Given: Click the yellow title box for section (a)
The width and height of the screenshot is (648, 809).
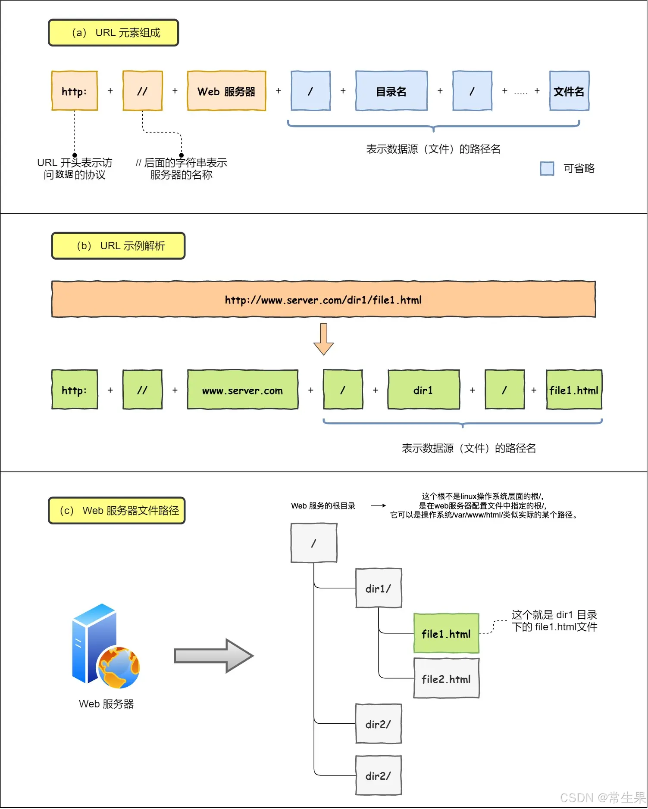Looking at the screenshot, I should pyautogui.click(x=113, y=33).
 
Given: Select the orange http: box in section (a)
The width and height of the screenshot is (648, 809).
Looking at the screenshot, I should pyautogui.click(x=75, y=91).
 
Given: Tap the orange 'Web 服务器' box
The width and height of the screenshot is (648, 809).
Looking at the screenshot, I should pyautogui.click(x=226, y=91).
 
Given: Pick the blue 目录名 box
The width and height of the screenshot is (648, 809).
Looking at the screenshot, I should pyautogui.click(x=391, y=91).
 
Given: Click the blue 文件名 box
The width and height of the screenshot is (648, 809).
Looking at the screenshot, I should pyautogui.click(x=569, y=91).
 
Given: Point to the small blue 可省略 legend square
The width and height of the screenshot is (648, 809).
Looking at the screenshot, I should pyautogui.click(x=547, y=168).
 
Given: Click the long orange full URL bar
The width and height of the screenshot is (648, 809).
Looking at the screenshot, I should pyautogui.click(x=323, y=300).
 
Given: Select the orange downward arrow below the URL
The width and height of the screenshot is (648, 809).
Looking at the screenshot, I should pyautogui.click(x=323, y=339).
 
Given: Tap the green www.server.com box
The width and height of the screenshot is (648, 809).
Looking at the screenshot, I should pyautogui.click(x=242, y=390).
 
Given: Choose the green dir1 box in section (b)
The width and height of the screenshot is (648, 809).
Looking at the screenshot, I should pyautogui.click(x=423, y=390).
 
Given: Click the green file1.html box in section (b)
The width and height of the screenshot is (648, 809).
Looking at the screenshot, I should pyautogui.click(x=574, y=390).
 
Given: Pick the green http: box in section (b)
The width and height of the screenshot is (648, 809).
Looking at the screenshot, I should pyautogui.click(x=75, y=390).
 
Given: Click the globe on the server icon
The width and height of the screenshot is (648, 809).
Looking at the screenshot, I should pyautogui.click(x=119, y=667).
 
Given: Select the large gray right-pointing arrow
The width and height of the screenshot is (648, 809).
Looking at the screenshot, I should pyautogui.click(x=213, y=656).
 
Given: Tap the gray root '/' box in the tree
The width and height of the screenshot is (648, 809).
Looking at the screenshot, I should pyautogui.click(x=314, y=543).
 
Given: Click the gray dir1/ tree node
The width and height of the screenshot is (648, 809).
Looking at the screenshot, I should pyautogui.click(x=378, y=588).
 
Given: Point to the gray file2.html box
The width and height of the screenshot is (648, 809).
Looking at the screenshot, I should pyautogui.click(x=446, y=679).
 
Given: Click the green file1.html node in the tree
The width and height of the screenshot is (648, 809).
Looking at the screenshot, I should pyautogui.click(x=446, y=633).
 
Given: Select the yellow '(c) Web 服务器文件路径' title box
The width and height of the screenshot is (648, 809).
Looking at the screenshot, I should pyautogui.click(x=116, y=511).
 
